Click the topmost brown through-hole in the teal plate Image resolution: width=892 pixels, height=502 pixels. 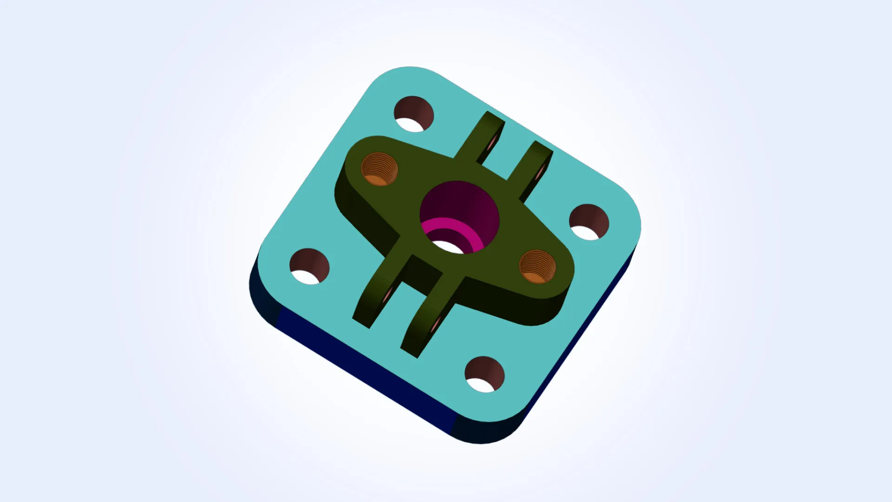point(413,113)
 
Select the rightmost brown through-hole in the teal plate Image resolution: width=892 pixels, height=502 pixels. point(589,222)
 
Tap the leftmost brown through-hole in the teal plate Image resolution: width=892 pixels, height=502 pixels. point(309,266)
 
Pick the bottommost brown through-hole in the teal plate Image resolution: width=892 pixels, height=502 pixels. point(484,374)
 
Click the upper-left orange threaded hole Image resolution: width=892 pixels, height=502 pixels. point(380,169)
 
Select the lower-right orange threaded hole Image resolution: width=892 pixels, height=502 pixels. point(537,266)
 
